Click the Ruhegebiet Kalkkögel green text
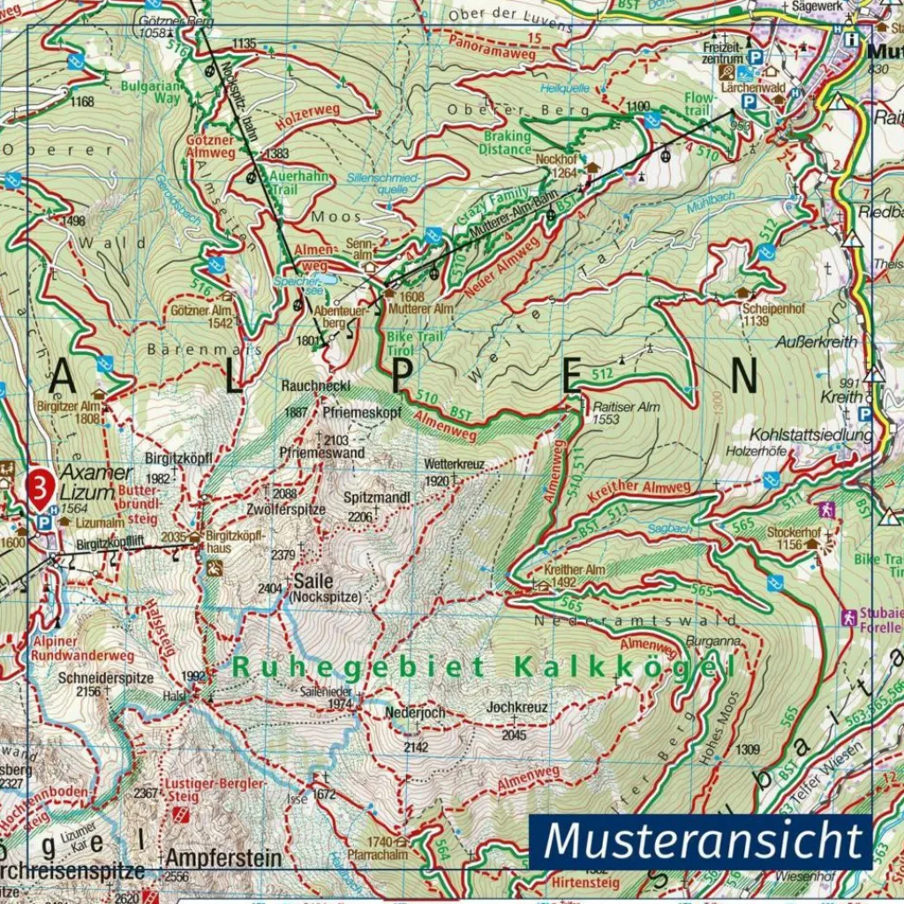(x=483, y=667)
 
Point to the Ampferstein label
(x=223, y=857)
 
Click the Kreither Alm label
(x=575, y=569)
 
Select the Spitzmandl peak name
(x=377, y=498)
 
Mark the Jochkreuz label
(x=517, y=707)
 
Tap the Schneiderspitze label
(x=105, y=678)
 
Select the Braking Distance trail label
(x=505, y=143)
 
